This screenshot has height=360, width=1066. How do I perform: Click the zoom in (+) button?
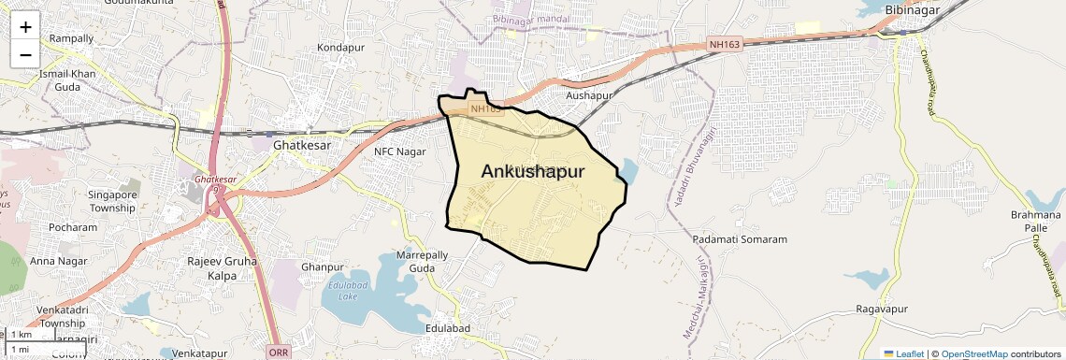(25, 26)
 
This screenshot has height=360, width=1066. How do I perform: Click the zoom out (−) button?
(25, 54)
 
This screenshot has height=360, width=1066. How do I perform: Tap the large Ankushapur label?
(532, 171)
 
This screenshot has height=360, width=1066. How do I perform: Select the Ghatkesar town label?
(301, 146)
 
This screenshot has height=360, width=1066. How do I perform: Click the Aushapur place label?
(588, 95)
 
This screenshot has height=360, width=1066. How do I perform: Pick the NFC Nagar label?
(399, 151)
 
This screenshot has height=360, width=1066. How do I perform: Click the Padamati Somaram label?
(740, 239)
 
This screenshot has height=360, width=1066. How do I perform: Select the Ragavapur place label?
(882, 309)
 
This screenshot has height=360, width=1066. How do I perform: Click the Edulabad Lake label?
(342, 290)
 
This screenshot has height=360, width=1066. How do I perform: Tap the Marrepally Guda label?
(416, 261)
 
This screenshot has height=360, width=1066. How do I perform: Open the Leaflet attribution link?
(903, 353)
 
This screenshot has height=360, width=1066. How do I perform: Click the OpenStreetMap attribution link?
(973, 353)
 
